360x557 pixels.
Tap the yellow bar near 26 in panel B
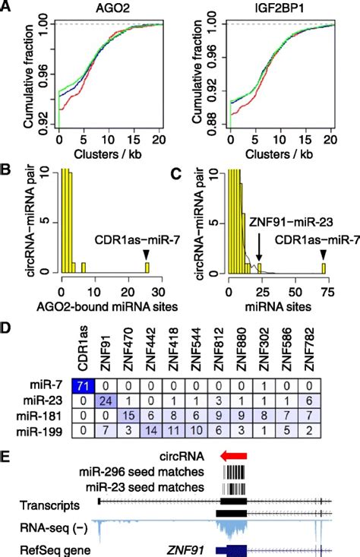click(147, 267)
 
